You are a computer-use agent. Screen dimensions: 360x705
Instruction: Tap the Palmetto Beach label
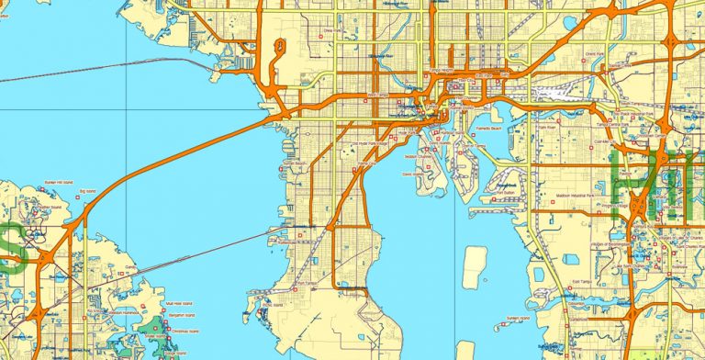click(x=478, y=129)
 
